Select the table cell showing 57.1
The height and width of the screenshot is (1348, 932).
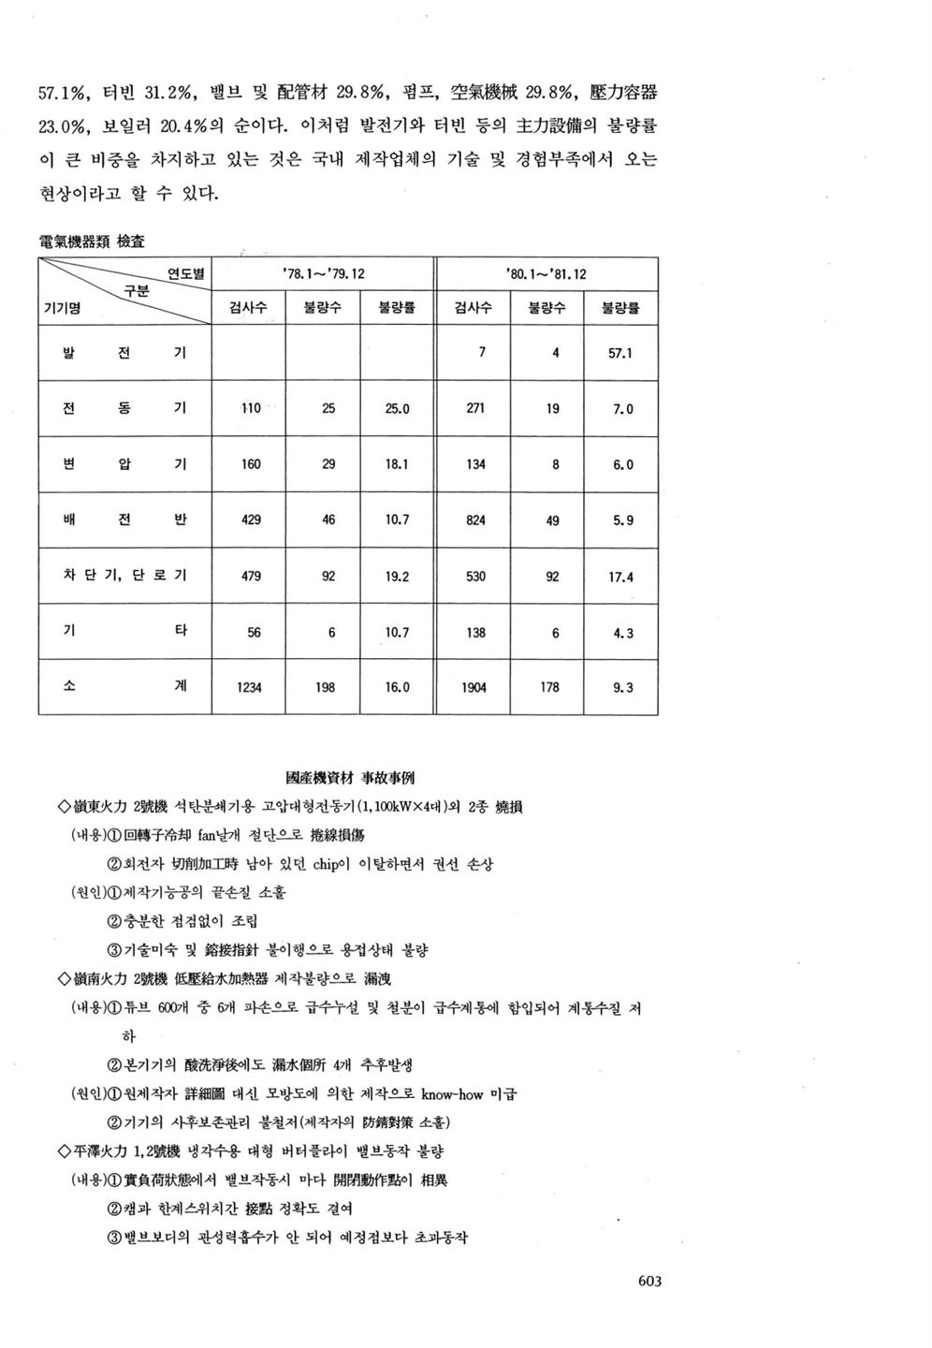621,354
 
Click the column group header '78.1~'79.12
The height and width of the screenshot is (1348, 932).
323,274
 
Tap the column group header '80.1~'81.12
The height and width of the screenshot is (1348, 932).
546,274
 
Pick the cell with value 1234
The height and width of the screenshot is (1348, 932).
250,687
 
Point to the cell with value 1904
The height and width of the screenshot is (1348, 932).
474,687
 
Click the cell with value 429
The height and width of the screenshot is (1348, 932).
251,520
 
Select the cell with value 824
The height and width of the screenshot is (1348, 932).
475,520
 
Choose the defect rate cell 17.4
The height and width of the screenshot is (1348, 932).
621,577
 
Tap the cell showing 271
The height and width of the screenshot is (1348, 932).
475,408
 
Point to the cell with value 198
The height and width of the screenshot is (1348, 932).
326,687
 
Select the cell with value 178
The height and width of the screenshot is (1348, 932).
550,687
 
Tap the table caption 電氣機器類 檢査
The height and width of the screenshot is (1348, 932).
92,242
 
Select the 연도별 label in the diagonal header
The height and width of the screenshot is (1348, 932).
185,273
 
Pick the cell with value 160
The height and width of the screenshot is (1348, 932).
251,464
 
